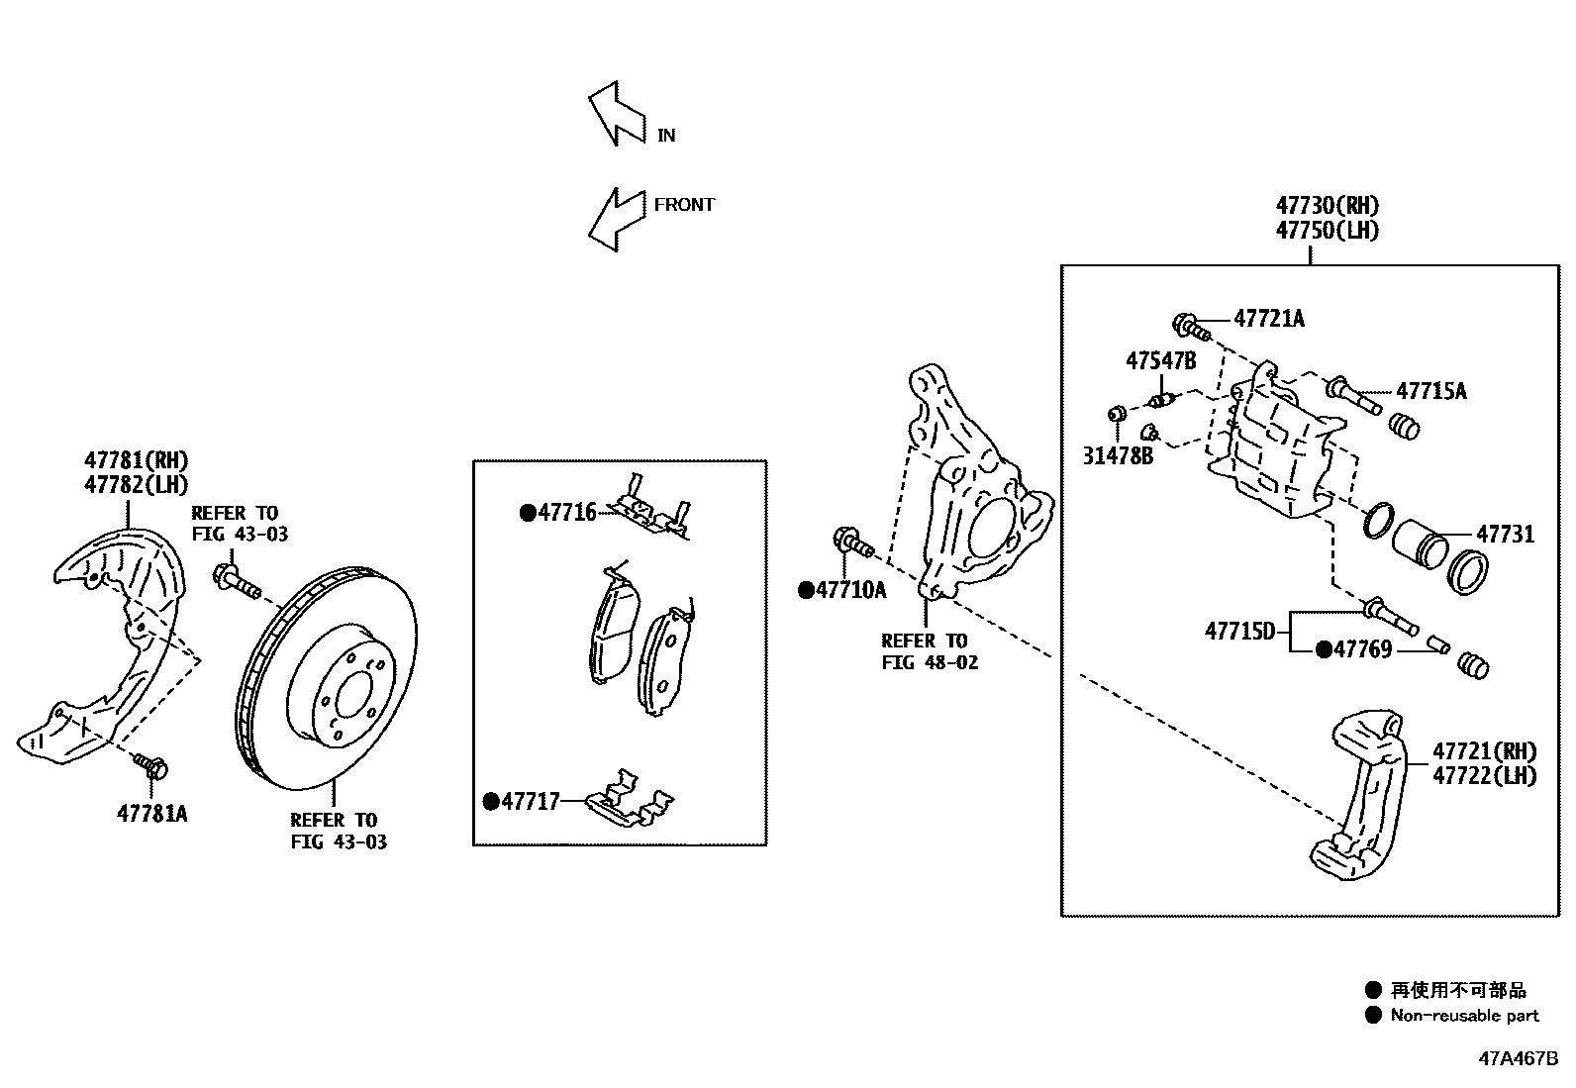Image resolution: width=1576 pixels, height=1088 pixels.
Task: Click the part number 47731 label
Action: (x=1505, y=535)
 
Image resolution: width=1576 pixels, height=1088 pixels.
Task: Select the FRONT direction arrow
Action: (x=615, y=220)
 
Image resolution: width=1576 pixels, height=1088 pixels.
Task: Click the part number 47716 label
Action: (x=567, y=512)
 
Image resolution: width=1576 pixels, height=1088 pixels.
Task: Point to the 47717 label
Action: (x=531, y=801)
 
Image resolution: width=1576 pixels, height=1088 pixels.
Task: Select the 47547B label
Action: (x=1160, y=360)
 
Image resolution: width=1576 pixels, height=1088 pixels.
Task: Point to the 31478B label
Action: (x=1118, y=456)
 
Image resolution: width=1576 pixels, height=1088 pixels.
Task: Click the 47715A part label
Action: (x=1431, y=391)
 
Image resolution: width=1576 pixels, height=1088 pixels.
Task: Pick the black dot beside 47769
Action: (x=1324, y=649)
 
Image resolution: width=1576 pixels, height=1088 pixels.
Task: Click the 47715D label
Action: (x=1240, y=630)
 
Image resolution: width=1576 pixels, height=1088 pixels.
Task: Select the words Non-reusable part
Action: (x=1464, y=1015)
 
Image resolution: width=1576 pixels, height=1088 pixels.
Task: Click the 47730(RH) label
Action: (x=1327, y=206)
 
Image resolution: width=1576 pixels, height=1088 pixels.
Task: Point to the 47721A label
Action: (x=1269, y=318)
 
